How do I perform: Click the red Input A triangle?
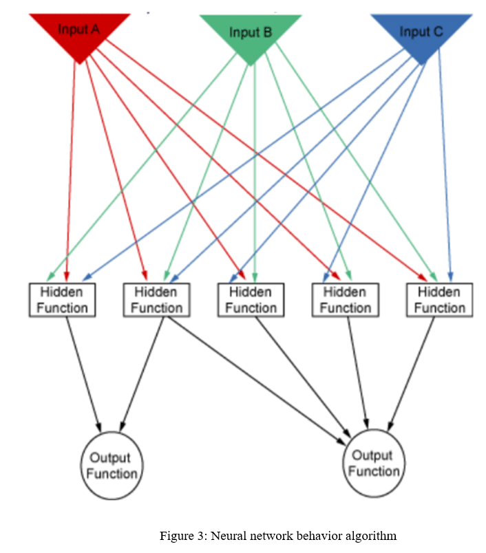pyautogui.click(x=79, y=33)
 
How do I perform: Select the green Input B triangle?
pyautogui.click(x=251, y=35)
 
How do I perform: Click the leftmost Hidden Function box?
pyautogui.click(x=62, y=299)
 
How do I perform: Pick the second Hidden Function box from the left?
pyautogui.click(x=156, y=299)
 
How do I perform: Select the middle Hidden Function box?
pyautogui.click(x=251, y=299)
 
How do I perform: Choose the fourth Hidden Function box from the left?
pyautogui.click(x=345, y=299)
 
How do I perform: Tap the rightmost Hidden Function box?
pyautogui.click(x=439, y=299)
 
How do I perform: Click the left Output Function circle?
pyautogui.click(x=112, y=466)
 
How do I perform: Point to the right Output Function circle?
pyautogui.click(x=374, y=463)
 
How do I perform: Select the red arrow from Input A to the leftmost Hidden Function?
pyautogui.click(x=70, y=172)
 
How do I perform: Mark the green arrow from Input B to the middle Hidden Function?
pyautogui.click(x=255, y=172)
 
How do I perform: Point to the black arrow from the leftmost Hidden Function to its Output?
pyautogui.click(x=83, y=371)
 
